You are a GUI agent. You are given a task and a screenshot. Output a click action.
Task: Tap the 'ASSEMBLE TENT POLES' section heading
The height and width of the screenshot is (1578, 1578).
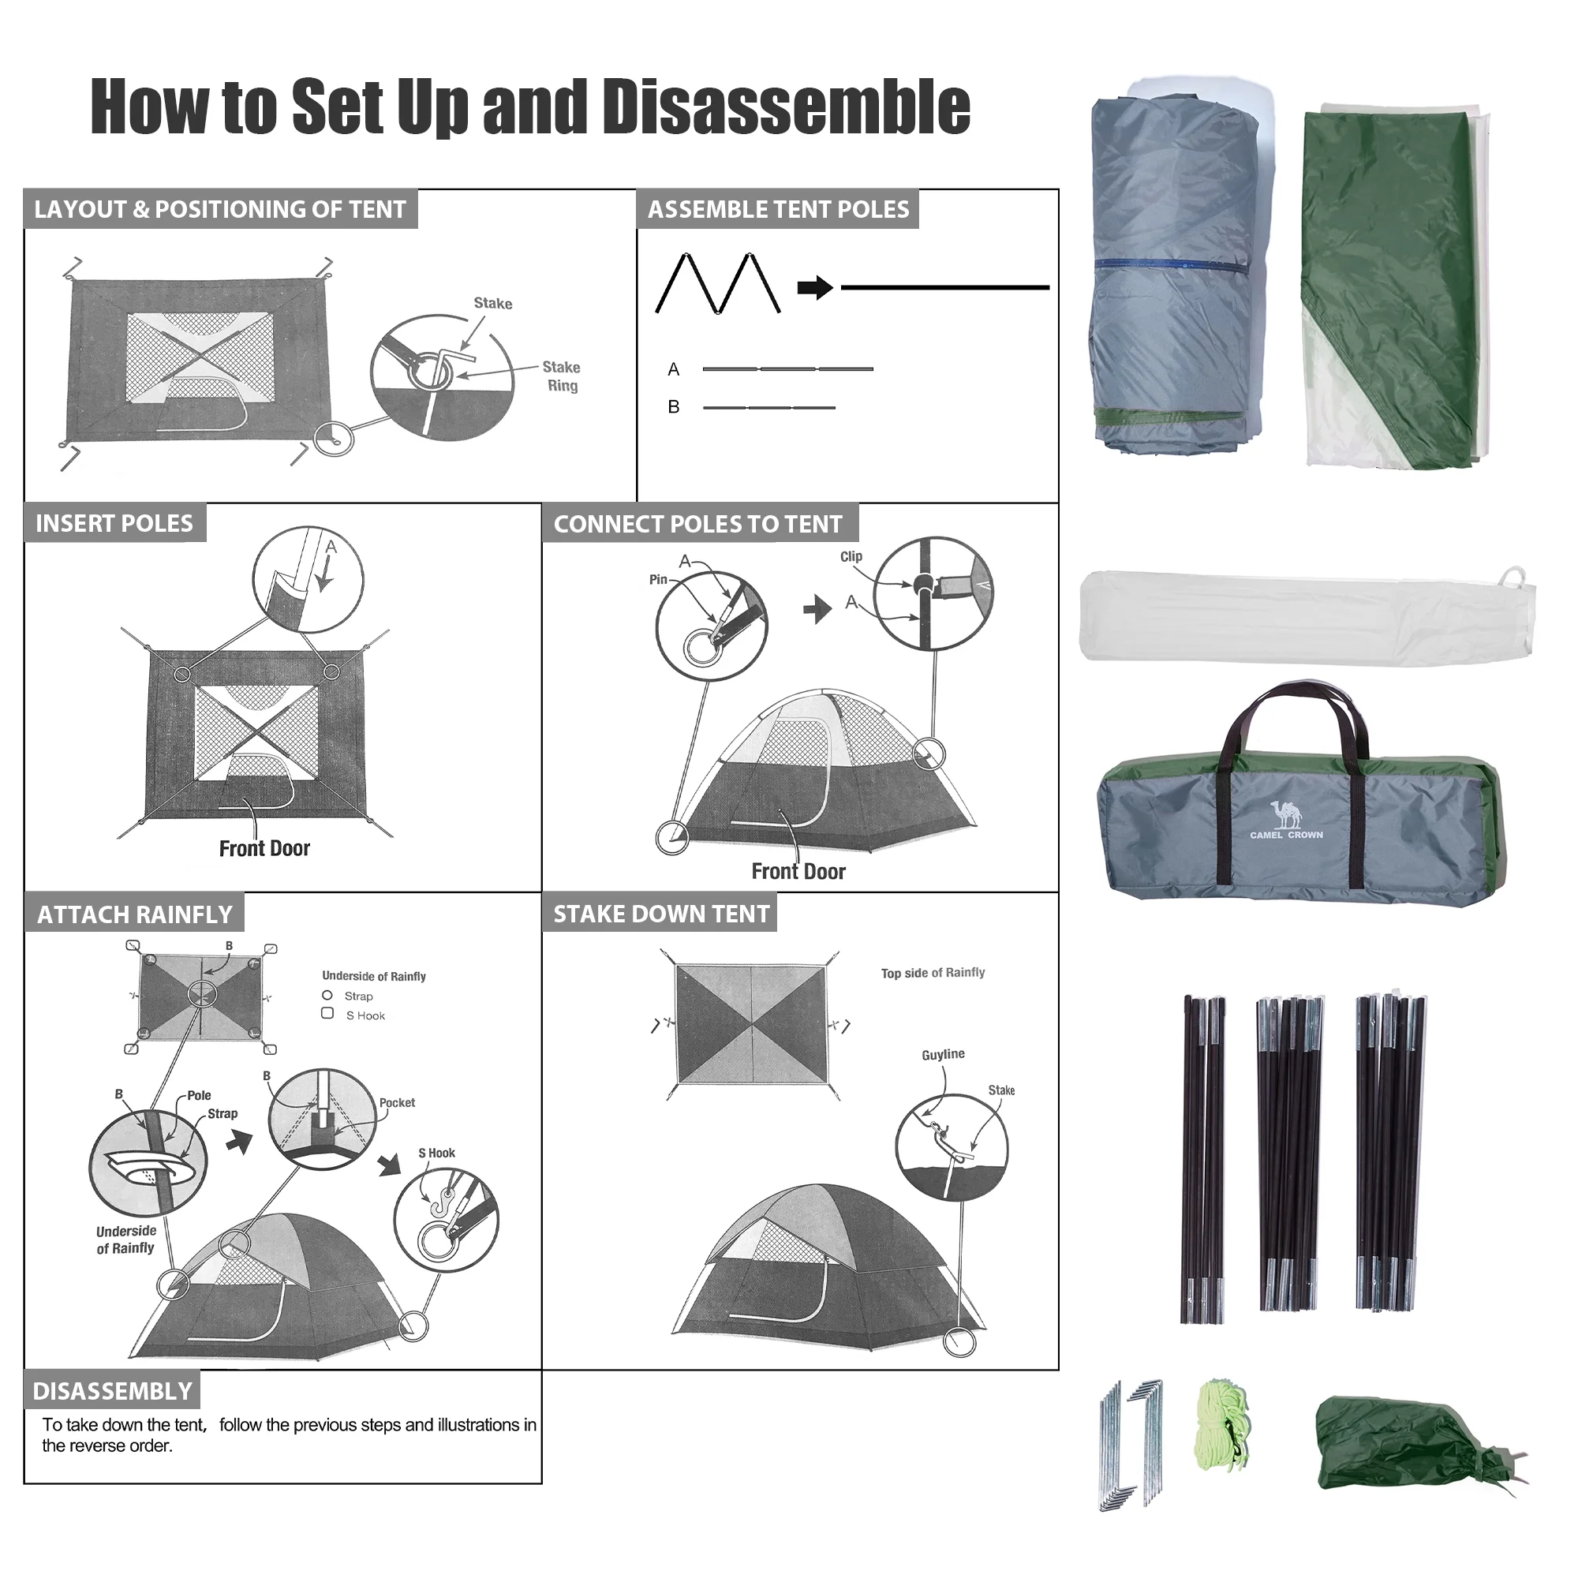click(778, 210)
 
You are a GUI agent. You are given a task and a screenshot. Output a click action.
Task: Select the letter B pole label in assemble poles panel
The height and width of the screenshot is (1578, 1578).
click(674, 407)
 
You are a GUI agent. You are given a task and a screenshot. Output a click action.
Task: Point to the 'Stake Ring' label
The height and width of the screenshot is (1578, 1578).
click(562, 376)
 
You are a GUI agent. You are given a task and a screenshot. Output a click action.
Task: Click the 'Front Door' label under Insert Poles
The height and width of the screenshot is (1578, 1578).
click(264, 849)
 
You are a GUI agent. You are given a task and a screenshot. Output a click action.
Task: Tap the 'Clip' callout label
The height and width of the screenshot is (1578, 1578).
click(851, 556)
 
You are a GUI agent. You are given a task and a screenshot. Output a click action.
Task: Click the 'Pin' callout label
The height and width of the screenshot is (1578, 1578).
click(658, 579)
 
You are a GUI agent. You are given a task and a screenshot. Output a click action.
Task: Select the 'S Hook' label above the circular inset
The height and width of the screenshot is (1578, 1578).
click(437, 1154)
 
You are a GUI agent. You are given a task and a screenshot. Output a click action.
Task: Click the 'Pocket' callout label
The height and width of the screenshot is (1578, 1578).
click(397, 1103)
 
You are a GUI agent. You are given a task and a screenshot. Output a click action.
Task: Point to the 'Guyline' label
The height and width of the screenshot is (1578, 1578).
click(944, 1054)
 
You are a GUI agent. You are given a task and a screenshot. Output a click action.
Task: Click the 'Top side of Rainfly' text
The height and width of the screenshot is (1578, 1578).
click(933, 973)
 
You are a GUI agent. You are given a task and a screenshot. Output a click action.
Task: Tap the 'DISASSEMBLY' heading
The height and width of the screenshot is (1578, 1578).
click(113, 1392)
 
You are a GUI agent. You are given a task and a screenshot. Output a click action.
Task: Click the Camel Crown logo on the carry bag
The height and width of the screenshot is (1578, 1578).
click(1286, 820)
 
